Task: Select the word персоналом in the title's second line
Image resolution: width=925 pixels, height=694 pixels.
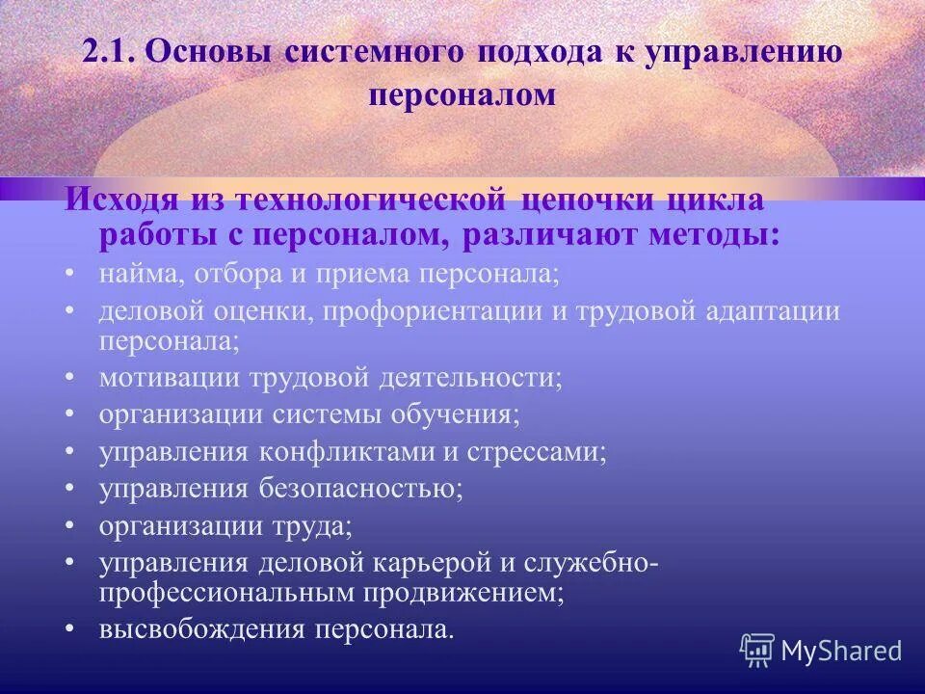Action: (462, 95)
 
